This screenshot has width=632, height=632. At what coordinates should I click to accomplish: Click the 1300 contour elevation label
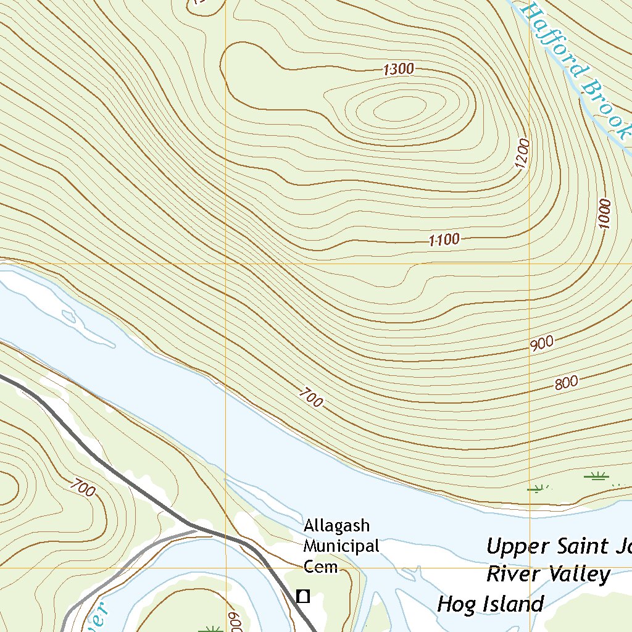pos(398,70)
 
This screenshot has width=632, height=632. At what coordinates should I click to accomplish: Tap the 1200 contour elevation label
pos(523,156)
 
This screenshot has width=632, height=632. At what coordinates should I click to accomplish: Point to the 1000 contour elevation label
pos(605,214)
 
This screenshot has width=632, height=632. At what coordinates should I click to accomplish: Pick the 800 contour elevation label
pos(566,383)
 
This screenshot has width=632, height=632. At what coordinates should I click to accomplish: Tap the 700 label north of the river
pos(312,398)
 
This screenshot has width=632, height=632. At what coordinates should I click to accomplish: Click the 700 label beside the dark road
pos(83,488)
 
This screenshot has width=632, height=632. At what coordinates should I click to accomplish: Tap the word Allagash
pos(336,526)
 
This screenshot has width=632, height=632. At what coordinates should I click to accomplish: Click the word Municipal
pos(341,546)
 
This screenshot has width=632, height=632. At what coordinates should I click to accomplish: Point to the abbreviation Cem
pos(321,567)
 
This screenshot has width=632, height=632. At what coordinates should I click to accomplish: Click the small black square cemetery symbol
pos(302,596)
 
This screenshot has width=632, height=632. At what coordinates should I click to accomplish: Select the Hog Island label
pos(490,604)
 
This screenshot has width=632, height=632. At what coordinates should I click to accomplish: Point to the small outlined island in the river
pos(69,318)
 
